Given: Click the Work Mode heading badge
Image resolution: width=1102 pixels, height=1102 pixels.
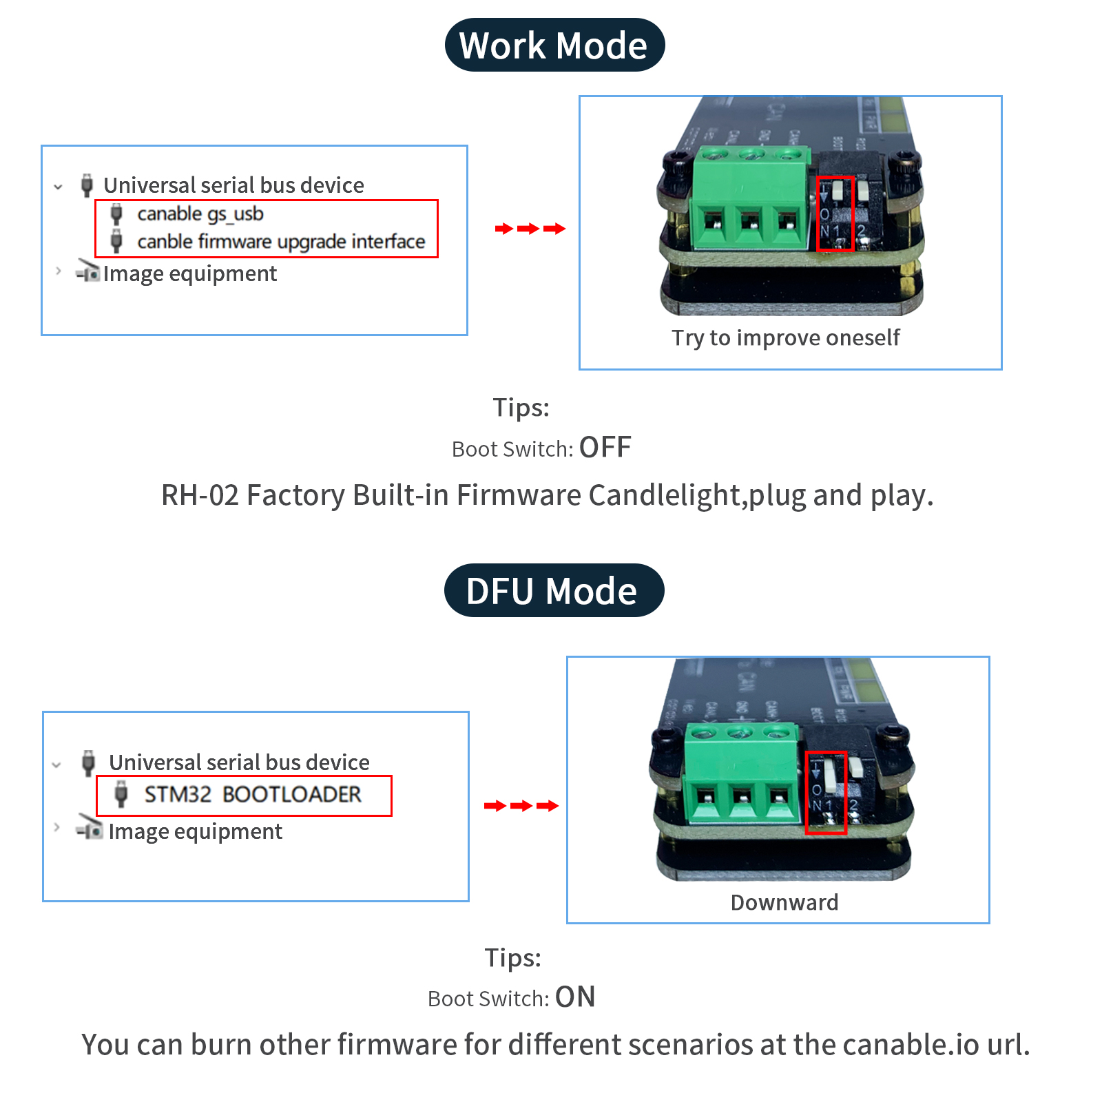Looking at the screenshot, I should tap(554, 45).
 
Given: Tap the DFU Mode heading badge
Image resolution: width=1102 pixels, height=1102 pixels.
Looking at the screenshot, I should tap(554, 591).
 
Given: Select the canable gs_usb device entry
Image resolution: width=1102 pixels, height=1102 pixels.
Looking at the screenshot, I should tap(200, 214).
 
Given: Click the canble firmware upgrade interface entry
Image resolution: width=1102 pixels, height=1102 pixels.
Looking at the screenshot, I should tap(280, 242).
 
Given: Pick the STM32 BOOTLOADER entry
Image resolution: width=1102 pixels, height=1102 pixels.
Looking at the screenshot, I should tap(252, 795).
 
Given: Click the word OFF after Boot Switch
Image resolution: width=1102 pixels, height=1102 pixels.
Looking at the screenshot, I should tap(605, 448).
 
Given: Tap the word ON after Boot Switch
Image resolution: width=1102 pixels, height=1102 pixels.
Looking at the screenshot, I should tap(575, 997).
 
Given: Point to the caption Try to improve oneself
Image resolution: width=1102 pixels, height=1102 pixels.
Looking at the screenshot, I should tap(785, 338).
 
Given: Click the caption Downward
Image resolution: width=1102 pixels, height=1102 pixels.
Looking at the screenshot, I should tap(784, 903).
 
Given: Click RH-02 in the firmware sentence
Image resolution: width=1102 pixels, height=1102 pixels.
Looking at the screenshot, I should tap(199, 496).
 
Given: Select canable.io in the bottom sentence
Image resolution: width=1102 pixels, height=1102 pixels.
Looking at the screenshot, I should tap(911, 1045).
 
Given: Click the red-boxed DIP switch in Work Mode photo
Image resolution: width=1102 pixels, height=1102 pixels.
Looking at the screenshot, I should tap(835, 213).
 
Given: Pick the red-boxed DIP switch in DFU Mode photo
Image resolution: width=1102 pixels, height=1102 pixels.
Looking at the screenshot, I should tap(826, 791).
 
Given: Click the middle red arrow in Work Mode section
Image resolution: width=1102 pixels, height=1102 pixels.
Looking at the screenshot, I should tap(529, 229).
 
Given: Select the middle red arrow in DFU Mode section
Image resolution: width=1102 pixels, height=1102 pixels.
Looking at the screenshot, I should tap(521, 806).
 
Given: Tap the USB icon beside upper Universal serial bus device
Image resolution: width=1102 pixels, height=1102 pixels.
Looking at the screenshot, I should tap(87, 185).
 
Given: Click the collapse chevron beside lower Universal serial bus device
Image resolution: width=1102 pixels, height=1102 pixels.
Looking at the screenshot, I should tap(56, 765).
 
